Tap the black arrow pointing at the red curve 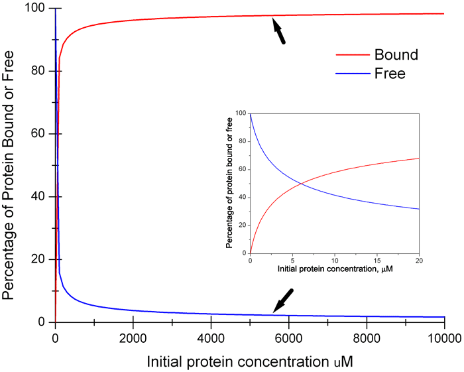click(x=278, y=32)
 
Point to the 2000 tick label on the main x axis click(x=133, y=338)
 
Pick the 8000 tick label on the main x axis click(x=366, y=338)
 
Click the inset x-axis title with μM click(x=335, y=271)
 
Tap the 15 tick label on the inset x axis click(x=378, y=261)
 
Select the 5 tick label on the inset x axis click(x=292, y=261)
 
